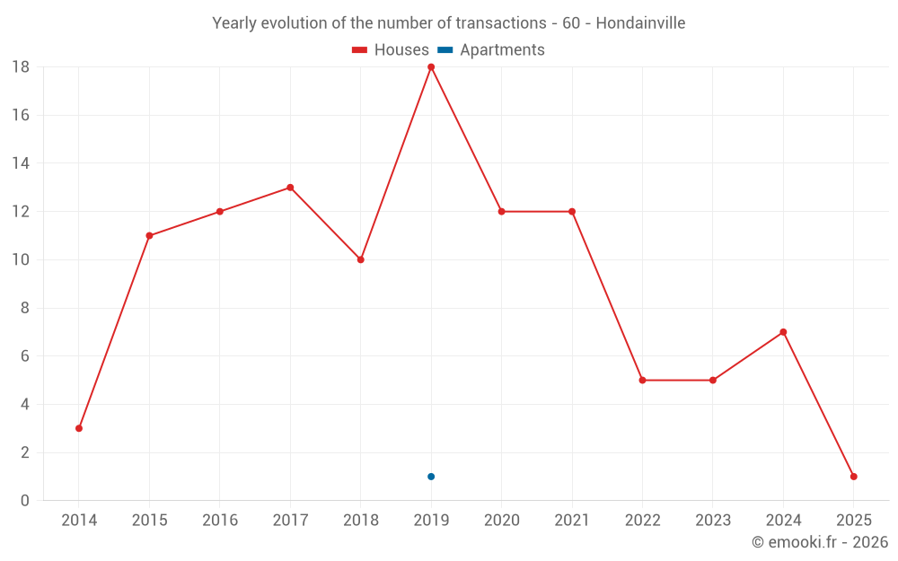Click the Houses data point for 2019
pos(431,67)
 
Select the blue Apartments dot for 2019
pos(431,477)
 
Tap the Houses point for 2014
pos(79,428)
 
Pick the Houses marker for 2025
pos(853,477)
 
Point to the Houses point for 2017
pos(290,188)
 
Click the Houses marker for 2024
pos(783,332)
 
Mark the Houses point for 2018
pos(360,259)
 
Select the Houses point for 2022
pos(642,380)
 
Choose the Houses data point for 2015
pos(149,236)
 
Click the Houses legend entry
pos(391,50)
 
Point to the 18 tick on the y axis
pos(21,67)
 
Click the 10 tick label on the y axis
pos(21,259)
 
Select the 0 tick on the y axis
pos(25,501)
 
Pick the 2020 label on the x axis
pos(501,521)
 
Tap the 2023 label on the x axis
pos(712,521)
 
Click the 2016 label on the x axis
pos(220,521)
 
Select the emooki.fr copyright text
pos(819,542)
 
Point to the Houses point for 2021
pos(572,212)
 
